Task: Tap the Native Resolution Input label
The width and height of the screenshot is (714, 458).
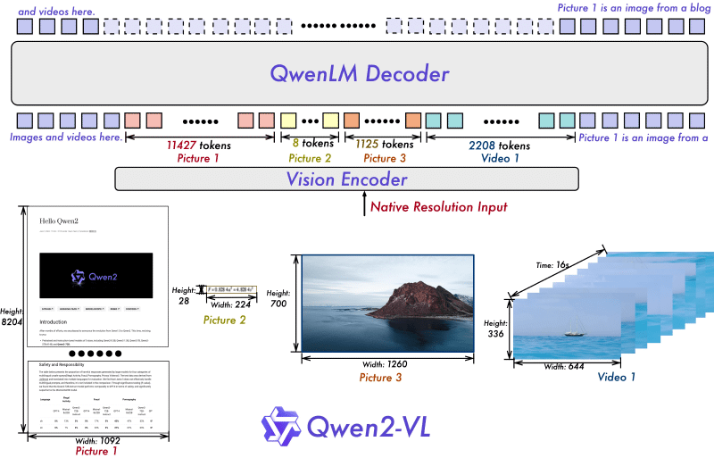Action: tap(441, 207)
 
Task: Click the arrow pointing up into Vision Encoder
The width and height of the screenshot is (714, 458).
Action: tap(362, 204)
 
